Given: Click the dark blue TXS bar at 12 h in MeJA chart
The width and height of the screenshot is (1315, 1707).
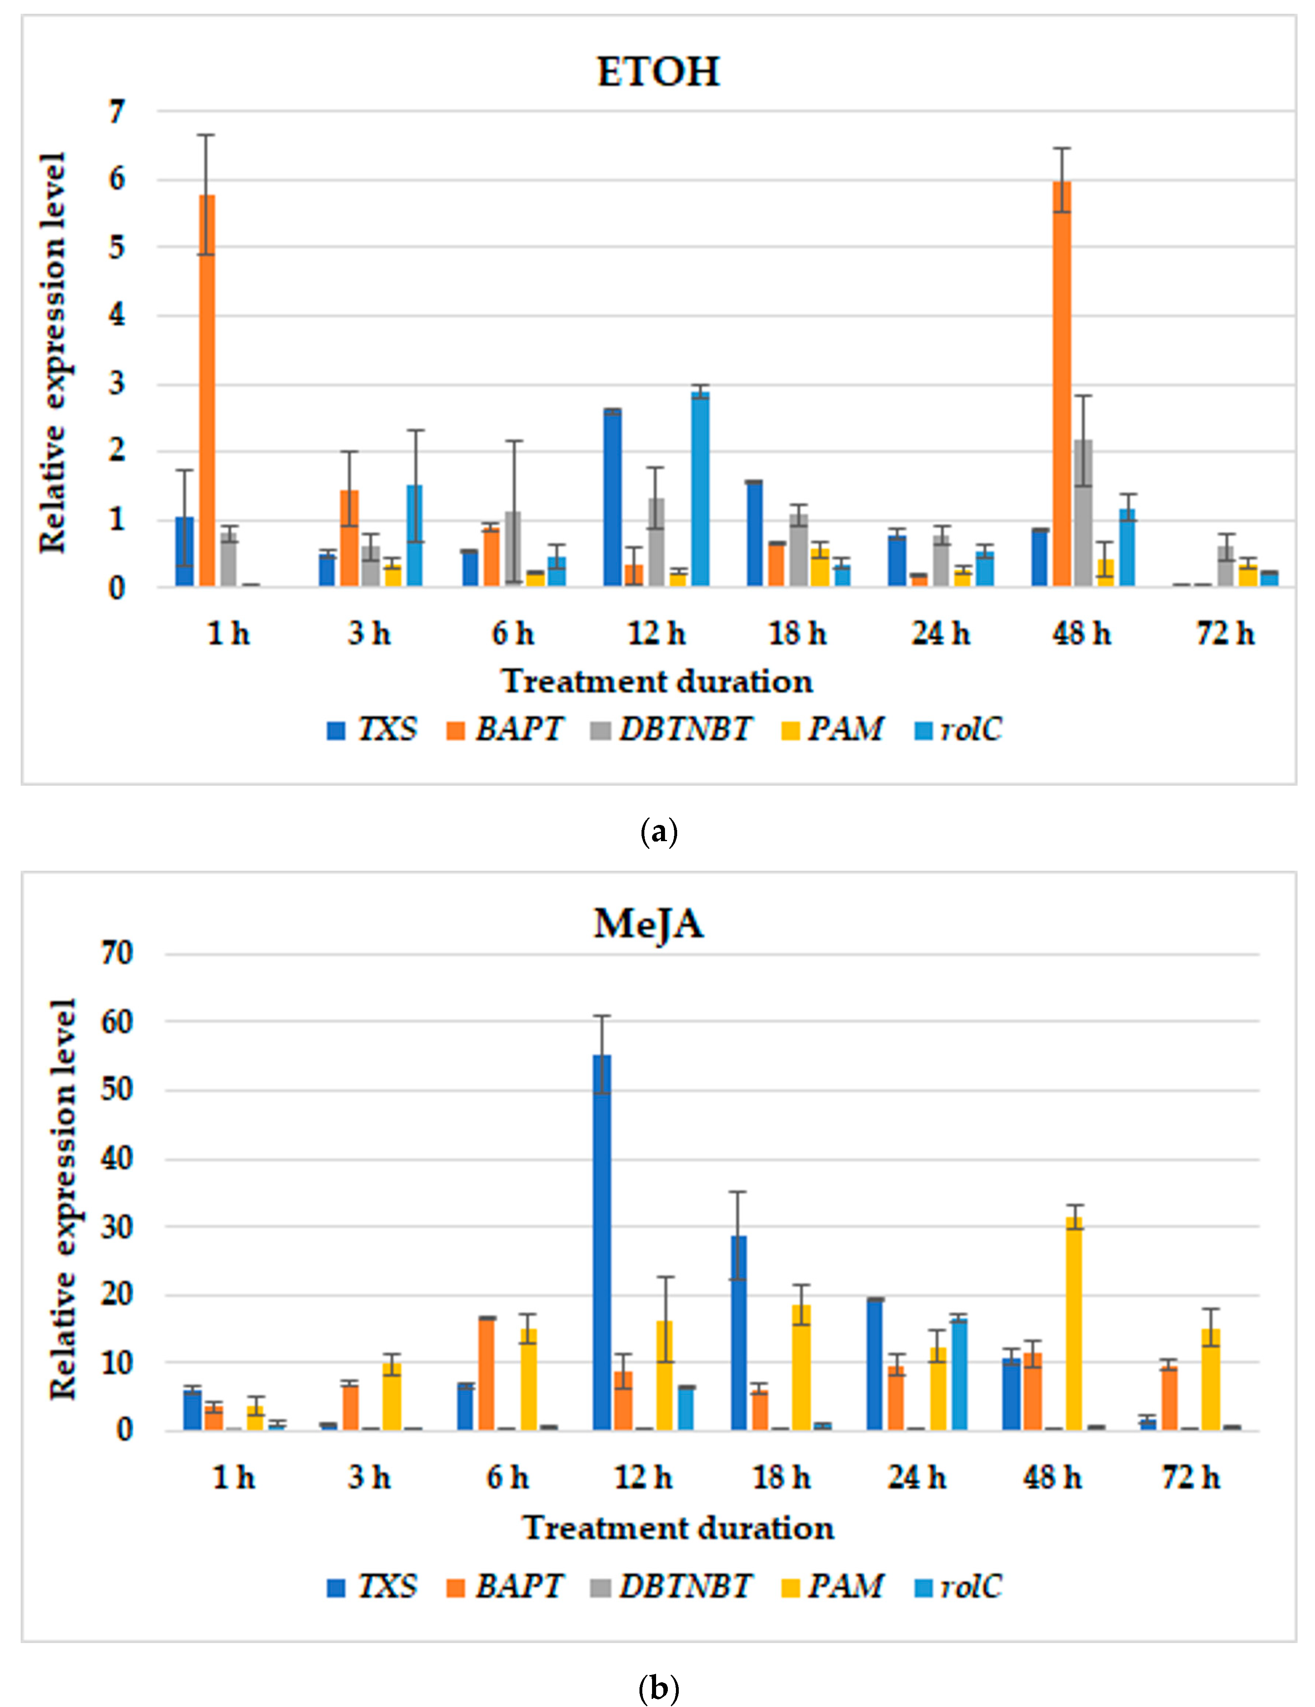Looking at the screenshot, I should coord(601,1243).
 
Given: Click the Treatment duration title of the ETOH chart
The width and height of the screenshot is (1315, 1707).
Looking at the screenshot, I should coord(657,681).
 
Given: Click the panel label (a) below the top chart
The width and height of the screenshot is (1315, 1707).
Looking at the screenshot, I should coord(658,831).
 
